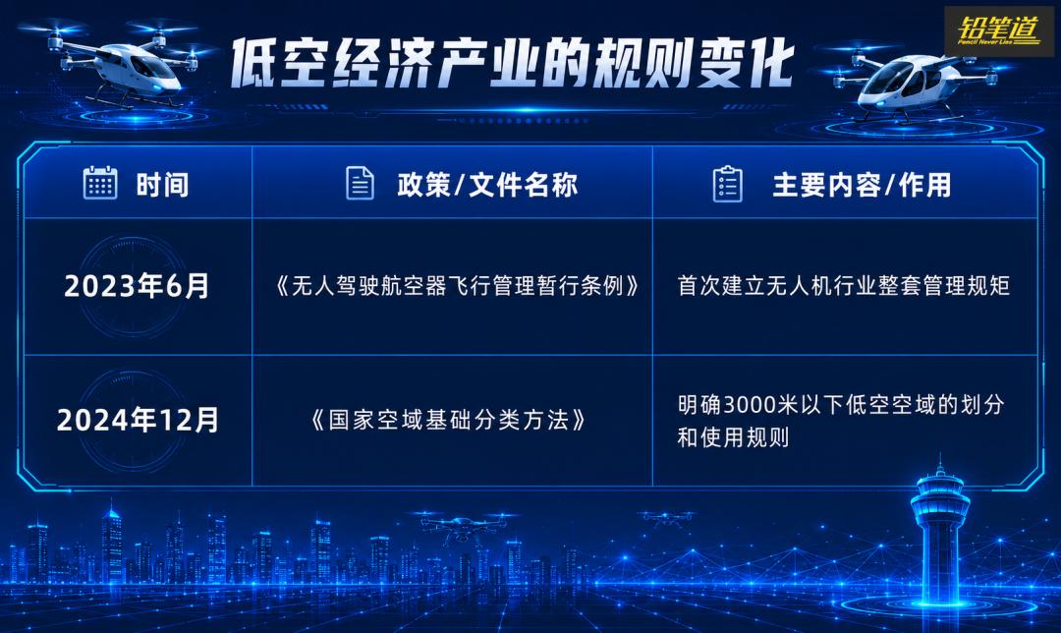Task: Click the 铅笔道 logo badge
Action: pos(999,31)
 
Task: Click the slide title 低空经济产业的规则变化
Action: pos(512,64)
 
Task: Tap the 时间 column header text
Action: pos(162,185)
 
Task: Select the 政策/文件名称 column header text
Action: pos(487,185)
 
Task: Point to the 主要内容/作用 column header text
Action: pos(863,185)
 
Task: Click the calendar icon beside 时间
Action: pos(100,183)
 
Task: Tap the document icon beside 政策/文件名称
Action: pos(360,183)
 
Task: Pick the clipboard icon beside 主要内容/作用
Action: pos(728,184)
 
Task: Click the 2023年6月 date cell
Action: pos(137,286)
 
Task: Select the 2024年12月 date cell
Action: pos(139,420)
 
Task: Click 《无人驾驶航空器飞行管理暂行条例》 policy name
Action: pos(458,286)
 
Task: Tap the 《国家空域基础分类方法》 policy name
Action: pos(448,420)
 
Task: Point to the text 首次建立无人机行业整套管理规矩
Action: pos(844,286)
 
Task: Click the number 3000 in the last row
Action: pos(750,405)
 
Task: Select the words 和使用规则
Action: pos(733,437)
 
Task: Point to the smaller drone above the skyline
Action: pos(667,518)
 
